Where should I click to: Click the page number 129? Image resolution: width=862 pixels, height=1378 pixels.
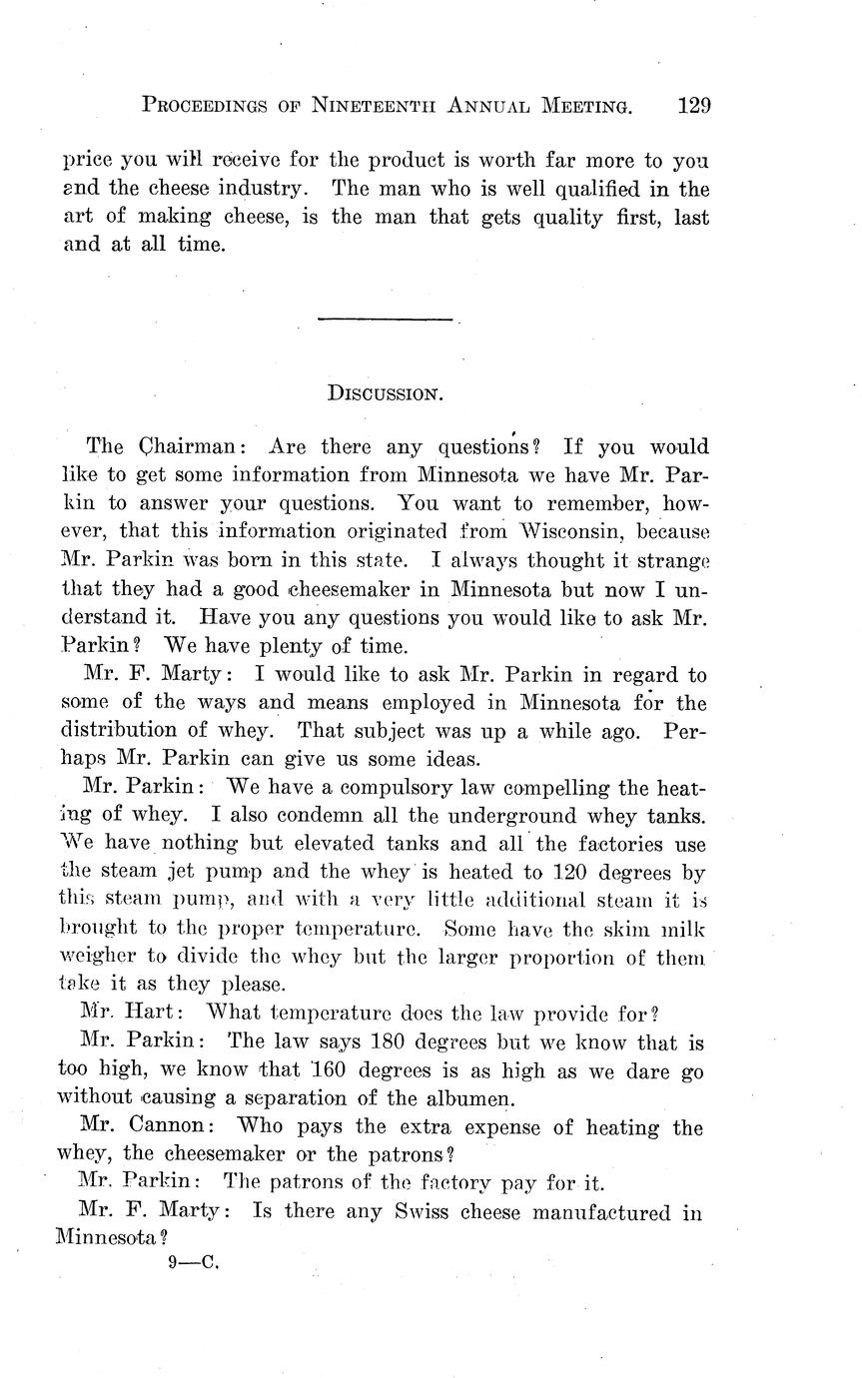pos(692,105)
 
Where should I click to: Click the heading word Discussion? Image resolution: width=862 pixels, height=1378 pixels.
pos(385,393)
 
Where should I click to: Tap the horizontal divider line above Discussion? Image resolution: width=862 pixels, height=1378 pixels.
pos(385,320)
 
